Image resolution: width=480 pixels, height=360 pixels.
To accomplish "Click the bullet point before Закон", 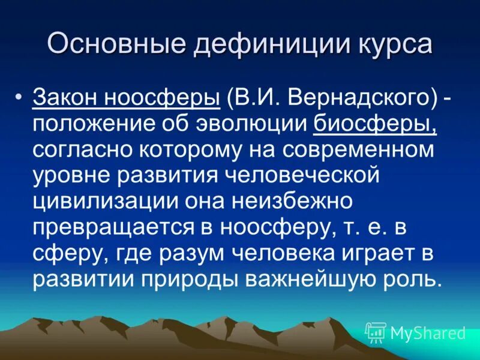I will [20, 97].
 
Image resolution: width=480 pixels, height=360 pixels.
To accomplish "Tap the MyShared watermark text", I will [428, 332].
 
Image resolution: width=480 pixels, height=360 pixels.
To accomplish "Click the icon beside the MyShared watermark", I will [376, 332].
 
